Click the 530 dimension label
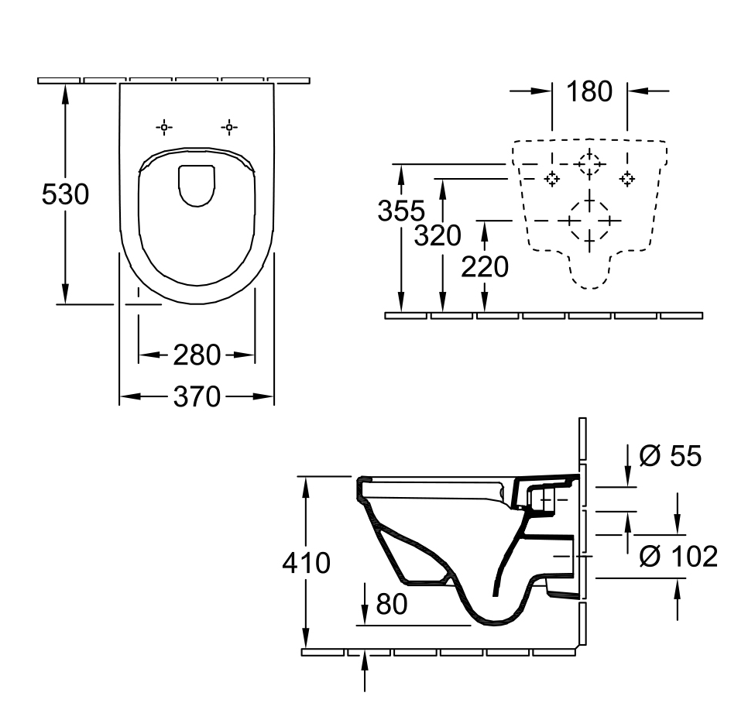click(x=65, y=194)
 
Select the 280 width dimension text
click(x=196, y=355)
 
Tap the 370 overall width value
click(x=196, y=397)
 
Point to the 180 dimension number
click(x=589, y=91)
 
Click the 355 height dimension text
click(x=401, y=211)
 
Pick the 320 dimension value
click(x=438, y=235)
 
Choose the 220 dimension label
click(x=485, y=267)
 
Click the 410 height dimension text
click(x=306, y=563)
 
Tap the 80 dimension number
click(x=391, y=604)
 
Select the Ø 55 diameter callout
click(x=671, y=456)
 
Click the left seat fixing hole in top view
click(x=164, y=127)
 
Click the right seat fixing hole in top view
click(x=229, y=127)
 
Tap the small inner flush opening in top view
click(x=197, y=185)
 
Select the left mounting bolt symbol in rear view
click(x=551, y=179)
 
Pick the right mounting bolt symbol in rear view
click(x=627, y=179)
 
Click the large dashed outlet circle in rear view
click(x=590, y=221)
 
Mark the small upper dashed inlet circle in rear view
click(x=590, y=163)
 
